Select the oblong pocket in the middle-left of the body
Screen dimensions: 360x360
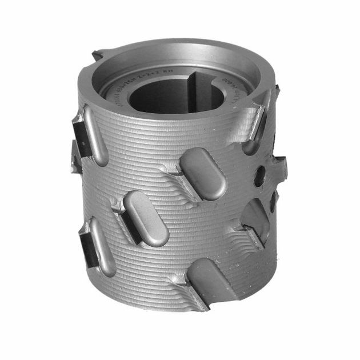[x=145, y=218]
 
